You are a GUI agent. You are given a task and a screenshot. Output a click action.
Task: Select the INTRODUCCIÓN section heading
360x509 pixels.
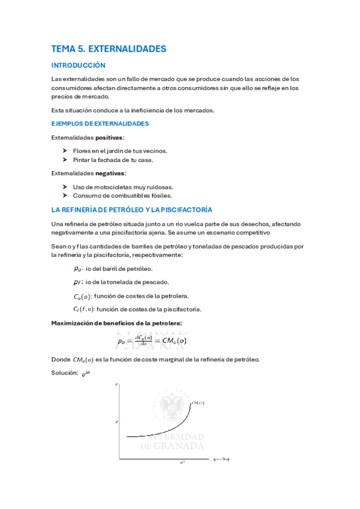click(x=78, y=65)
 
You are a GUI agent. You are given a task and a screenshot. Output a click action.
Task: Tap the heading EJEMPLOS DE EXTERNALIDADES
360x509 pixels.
click(x=100, y=124)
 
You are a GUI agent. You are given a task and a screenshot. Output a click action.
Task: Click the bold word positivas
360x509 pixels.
click(x=110, y=137)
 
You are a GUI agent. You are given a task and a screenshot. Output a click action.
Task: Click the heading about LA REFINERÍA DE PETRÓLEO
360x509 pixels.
click(x=132, y=209)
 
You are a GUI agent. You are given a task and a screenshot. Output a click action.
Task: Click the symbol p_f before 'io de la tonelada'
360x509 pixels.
click(x=77, y=282)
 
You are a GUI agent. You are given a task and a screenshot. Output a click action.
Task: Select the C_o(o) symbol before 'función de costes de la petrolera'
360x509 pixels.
click(x=82, y=296)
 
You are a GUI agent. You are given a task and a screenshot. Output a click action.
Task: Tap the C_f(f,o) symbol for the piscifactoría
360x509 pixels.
click(x=83, y=309)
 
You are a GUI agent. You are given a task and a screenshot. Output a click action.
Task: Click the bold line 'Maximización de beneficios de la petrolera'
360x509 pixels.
click(x=116, y=324)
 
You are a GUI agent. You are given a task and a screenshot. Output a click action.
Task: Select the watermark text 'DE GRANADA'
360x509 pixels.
click(x=172, y=446)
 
